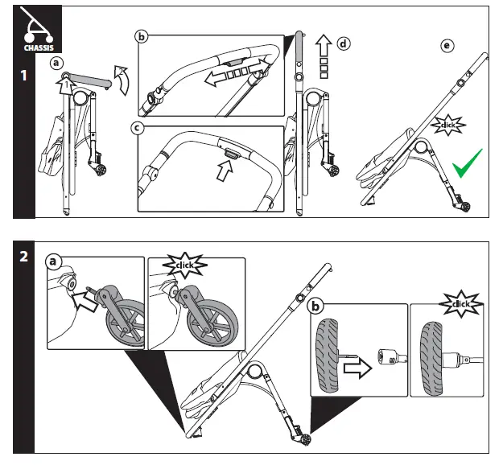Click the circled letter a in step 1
pyautogui.click(x=56, y=62)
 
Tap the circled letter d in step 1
pyautogui.click(x=344, y=43)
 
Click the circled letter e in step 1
pyautogui.click(x=447, y=46)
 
